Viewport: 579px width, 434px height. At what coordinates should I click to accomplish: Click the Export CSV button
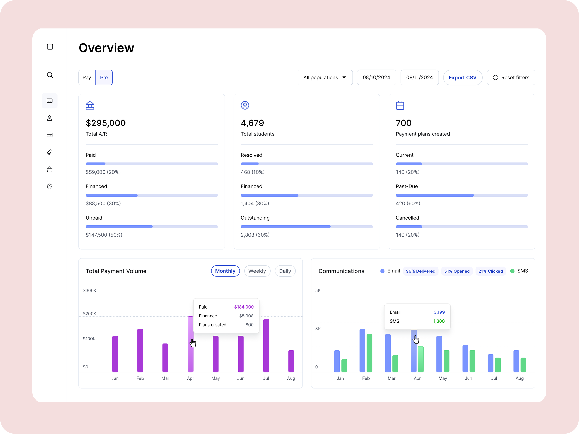click(x=463, y=77)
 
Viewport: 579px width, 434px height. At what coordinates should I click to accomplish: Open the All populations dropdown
click(x=325, y=77)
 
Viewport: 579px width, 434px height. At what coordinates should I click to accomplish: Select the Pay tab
click(x=87, y=77)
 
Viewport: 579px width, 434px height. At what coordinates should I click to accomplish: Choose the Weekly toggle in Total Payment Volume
click(x=257, y=271)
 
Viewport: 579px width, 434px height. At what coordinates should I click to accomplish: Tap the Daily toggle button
click(x=285, y=271)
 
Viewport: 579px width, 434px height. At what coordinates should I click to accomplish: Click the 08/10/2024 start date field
click(x=376, y=77)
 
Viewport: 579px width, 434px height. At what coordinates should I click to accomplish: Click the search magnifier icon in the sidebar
click(x=50, y=75)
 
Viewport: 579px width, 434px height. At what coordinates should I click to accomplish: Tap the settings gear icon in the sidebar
click(x=49, y=186)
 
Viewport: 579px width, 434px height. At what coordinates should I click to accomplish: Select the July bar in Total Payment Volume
click(x=266, y=346)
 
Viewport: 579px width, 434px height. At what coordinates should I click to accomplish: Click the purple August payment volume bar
click(x=291, y=361)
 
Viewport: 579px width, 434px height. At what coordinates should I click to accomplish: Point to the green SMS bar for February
click(x=369, y=353)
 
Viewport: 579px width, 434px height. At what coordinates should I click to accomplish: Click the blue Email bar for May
click(x=439, y=354)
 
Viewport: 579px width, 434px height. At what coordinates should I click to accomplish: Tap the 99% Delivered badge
click(x=420, y=271)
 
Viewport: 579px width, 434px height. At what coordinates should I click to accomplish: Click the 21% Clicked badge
click(x=491, y=271)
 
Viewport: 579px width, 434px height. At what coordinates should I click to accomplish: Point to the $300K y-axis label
click(x=89, y=290)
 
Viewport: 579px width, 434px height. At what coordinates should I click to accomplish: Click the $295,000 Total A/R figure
click(x=106, y=123)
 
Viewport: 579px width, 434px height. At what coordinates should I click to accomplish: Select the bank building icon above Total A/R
click(x=90, y=105)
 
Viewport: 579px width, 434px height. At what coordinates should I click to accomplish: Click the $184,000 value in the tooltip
click(x=244, y=307)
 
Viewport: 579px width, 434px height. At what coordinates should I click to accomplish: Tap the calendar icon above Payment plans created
click(x=400, y=105)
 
